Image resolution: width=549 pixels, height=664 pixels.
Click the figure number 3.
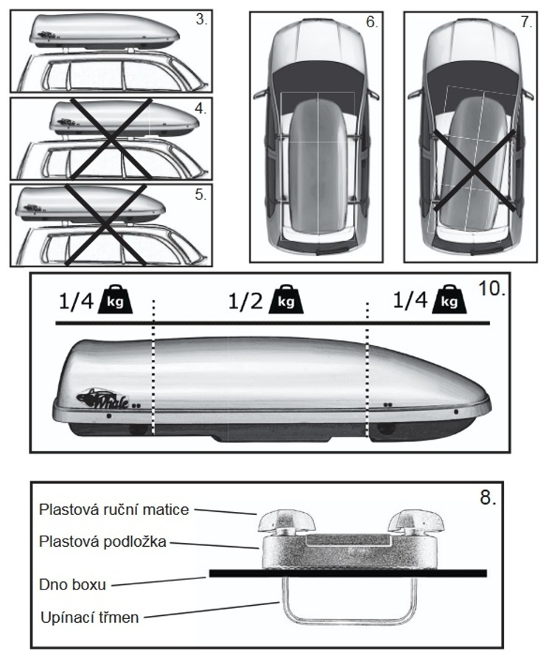201,19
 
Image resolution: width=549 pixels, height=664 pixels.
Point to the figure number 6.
371,22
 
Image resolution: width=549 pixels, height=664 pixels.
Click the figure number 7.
526,22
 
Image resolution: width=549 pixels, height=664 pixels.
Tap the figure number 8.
486,497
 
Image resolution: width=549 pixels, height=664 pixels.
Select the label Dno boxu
72,584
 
